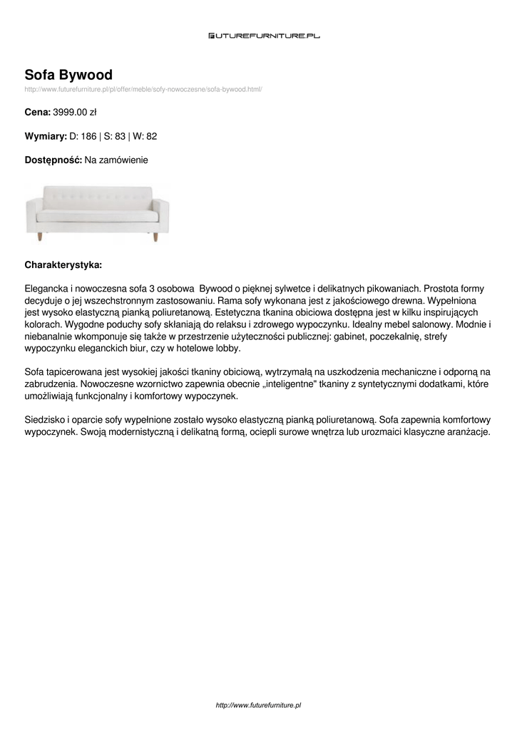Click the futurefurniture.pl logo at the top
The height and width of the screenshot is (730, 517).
[264, 35]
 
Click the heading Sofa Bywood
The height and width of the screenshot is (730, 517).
[68, 75]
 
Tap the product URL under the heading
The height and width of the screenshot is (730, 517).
[143, 89]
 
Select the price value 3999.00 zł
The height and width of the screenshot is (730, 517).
[75, 112]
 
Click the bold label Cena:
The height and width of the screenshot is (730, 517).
[37, 112]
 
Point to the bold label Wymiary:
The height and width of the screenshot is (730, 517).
[46, 136]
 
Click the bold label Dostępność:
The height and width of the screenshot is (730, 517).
[53, 160]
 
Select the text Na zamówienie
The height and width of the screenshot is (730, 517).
[116, 160]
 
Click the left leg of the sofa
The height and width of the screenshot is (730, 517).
[41, 236]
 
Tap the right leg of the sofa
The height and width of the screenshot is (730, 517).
[155, 236]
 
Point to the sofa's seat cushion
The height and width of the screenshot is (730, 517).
[97, 215]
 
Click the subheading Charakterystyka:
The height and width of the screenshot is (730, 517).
[63, 264]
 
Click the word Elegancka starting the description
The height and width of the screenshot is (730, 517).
[46, 289]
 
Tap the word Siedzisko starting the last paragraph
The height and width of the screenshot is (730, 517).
[46, 420]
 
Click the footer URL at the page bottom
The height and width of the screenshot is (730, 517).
[258, 705]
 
